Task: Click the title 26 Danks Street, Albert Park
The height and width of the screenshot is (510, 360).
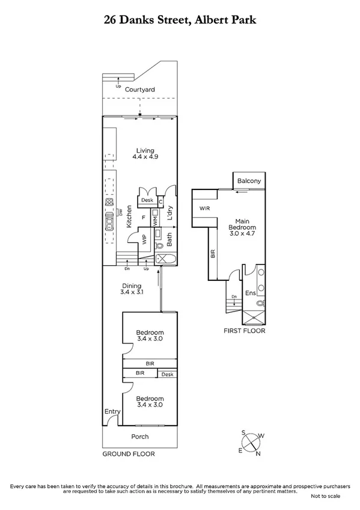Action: tap(180, 20)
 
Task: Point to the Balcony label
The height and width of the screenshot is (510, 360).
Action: tap(249, 181)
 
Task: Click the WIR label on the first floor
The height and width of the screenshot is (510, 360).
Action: tap(205, 208)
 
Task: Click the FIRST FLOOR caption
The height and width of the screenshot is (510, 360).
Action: tap(244, 331)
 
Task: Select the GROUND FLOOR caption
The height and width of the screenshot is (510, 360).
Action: tap(128, 454)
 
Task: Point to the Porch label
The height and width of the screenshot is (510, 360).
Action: tap(140, 437)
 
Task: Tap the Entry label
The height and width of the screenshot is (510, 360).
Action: tap(112, 411)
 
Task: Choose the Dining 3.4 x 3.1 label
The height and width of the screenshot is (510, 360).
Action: tap(132, 290)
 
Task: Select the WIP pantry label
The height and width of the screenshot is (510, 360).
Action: tap(144, 239)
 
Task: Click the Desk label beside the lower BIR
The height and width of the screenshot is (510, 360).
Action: tap(166, 374)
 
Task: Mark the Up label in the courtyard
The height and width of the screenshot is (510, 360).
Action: tap(118, 86)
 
